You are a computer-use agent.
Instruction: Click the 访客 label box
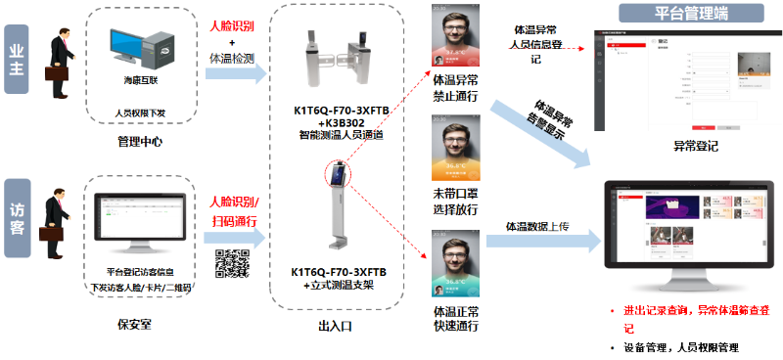point(17,216)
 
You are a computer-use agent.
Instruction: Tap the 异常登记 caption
point(695,146)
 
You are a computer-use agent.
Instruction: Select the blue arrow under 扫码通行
point(233,238)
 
